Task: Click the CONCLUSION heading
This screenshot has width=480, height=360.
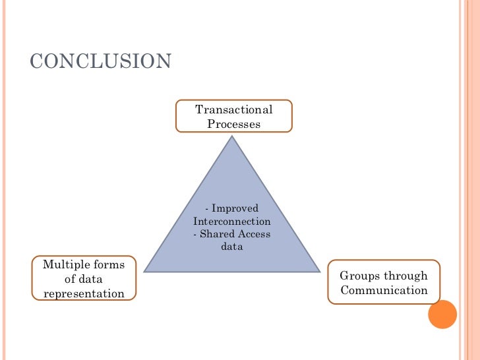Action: (x=101, y=61)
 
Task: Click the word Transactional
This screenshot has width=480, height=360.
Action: (x=234, y=109)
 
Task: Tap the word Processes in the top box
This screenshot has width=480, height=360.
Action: (x=234, y=123)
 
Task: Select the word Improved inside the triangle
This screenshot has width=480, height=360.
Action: (x=235, y=208)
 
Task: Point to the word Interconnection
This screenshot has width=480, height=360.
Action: (x=231, y=222)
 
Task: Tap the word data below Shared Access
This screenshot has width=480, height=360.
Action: (x=232, y=247)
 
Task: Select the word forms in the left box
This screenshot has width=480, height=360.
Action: (x=107, y=265)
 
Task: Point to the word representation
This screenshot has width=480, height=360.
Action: (x=84, y=293)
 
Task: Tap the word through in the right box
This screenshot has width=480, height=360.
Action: (x=406, y=276)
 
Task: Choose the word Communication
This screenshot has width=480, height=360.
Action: (x=384, y=290)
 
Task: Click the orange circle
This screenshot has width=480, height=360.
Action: (x=442, y=315)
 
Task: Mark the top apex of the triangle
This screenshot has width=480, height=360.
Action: (x=231, y=136)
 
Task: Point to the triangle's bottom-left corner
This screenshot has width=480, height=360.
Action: (x=144, y=272)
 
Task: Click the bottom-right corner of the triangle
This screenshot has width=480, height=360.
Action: (x=320, y=272)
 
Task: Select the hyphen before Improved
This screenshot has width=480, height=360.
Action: (x=207, y=209)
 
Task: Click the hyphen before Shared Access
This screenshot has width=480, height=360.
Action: (x=195, y=235)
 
